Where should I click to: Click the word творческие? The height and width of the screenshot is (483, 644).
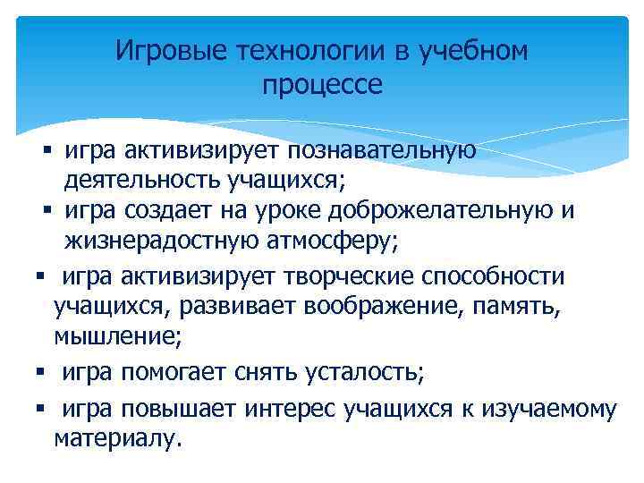click(326, 276)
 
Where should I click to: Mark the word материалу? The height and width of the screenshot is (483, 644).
click(117, 439)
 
